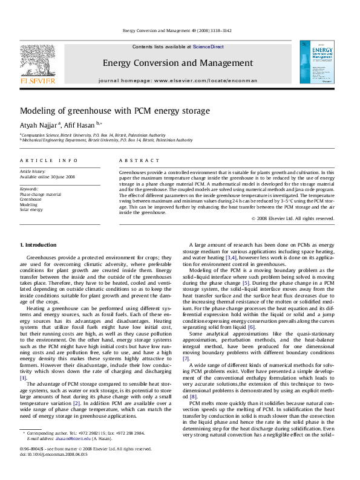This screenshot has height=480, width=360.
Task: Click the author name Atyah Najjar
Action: point(38,125)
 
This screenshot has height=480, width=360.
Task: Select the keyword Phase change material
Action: point(41,194)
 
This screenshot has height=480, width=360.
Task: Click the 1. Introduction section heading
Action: point(39,244)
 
